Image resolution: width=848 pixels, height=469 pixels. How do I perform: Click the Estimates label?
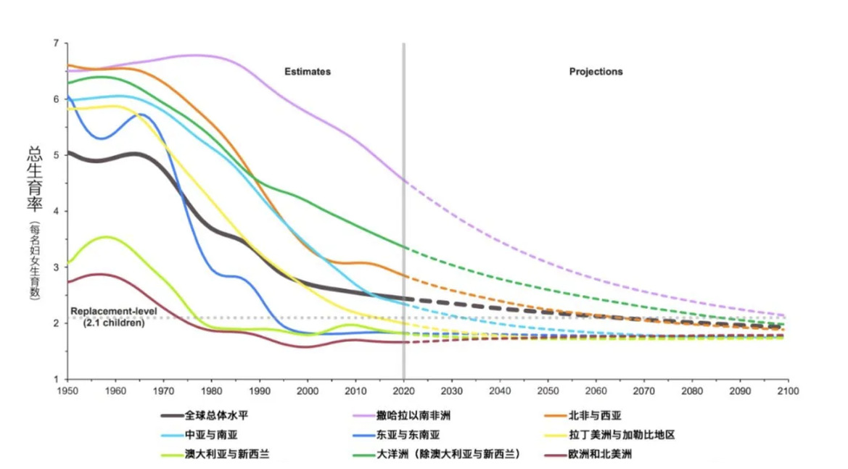pos(307,72)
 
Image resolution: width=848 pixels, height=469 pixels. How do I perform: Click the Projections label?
pos(596,72)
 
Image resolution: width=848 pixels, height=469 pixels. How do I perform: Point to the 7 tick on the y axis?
pos(55,43)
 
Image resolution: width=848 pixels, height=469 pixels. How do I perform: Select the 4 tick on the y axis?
pos(55,212)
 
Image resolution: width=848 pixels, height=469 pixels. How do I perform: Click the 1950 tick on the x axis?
pos(67,391)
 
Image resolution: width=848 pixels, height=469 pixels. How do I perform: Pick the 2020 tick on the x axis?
pos(403,391)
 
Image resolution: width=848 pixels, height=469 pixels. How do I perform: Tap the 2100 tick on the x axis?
pos(787,391)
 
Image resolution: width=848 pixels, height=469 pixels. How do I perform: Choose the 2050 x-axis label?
pos(548,391)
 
